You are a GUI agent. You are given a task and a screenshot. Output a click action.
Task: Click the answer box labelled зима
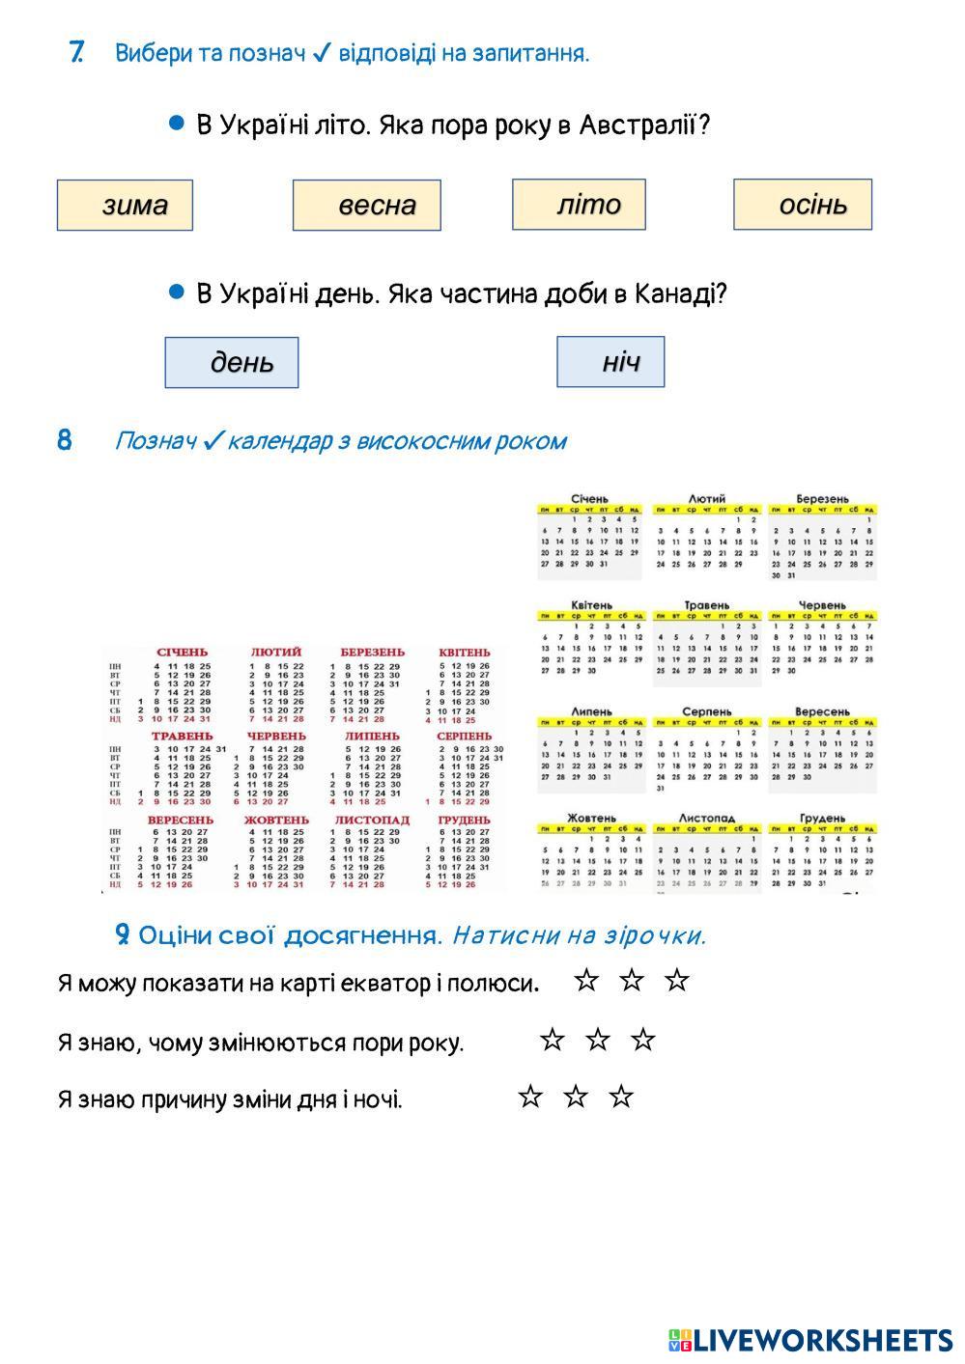[x=125, y=205]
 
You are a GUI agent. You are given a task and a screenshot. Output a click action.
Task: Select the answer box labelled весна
[x=367, y=205]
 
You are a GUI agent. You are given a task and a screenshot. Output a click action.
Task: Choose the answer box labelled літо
[x=579, y=204]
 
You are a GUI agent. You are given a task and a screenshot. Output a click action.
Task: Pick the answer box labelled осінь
[x=803, y=204]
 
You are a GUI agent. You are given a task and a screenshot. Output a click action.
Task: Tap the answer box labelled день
[x=232, y=362]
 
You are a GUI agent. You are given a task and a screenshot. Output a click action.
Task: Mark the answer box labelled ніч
[x=610, y=361]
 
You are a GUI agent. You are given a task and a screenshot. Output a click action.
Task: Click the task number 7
[x=76, y=52]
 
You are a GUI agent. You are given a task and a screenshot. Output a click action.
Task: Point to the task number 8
[x=65, y=441]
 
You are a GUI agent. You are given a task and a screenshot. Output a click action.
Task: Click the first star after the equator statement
[x=585, y=981]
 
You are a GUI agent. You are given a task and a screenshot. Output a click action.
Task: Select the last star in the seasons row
[x=643, y=1040]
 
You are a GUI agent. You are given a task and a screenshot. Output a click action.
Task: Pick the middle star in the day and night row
[x=576, y=1097]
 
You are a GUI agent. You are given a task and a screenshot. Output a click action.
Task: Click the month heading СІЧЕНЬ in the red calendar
[x=182, y=653]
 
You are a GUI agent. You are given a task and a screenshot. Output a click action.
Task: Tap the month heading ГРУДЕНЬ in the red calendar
[x=464, y=821]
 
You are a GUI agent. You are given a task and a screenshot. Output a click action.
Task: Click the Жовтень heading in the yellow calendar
[x=590, y=818]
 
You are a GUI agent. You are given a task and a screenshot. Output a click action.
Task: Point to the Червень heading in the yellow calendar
[x=822, y=605]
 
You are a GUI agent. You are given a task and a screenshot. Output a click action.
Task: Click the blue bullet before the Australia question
[x=176, y=124]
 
